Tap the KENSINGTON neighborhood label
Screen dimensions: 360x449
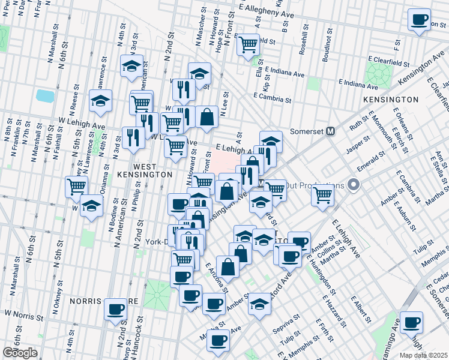pyautogui.click(x=391, y=99)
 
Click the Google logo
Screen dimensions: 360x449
pyautogui.click(x=19, y=353)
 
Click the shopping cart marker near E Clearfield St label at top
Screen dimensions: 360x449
pyautogui.click(x=248, y=44)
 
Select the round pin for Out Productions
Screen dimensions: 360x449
pyautogui.click(x=354, y=185)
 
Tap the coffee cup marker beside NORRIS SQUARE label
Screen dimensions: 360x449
pyautogui.click(x=116, y=310)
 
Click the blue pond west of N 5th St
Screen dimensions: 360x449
pyautogui.click(x=45, y=95)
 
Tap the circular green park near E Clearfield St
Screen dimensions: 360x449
pyautogui.click(x=379, y=74)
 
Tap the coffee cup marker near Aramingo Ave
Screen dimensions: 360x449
pyautogui.click(x=411, y=322)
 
